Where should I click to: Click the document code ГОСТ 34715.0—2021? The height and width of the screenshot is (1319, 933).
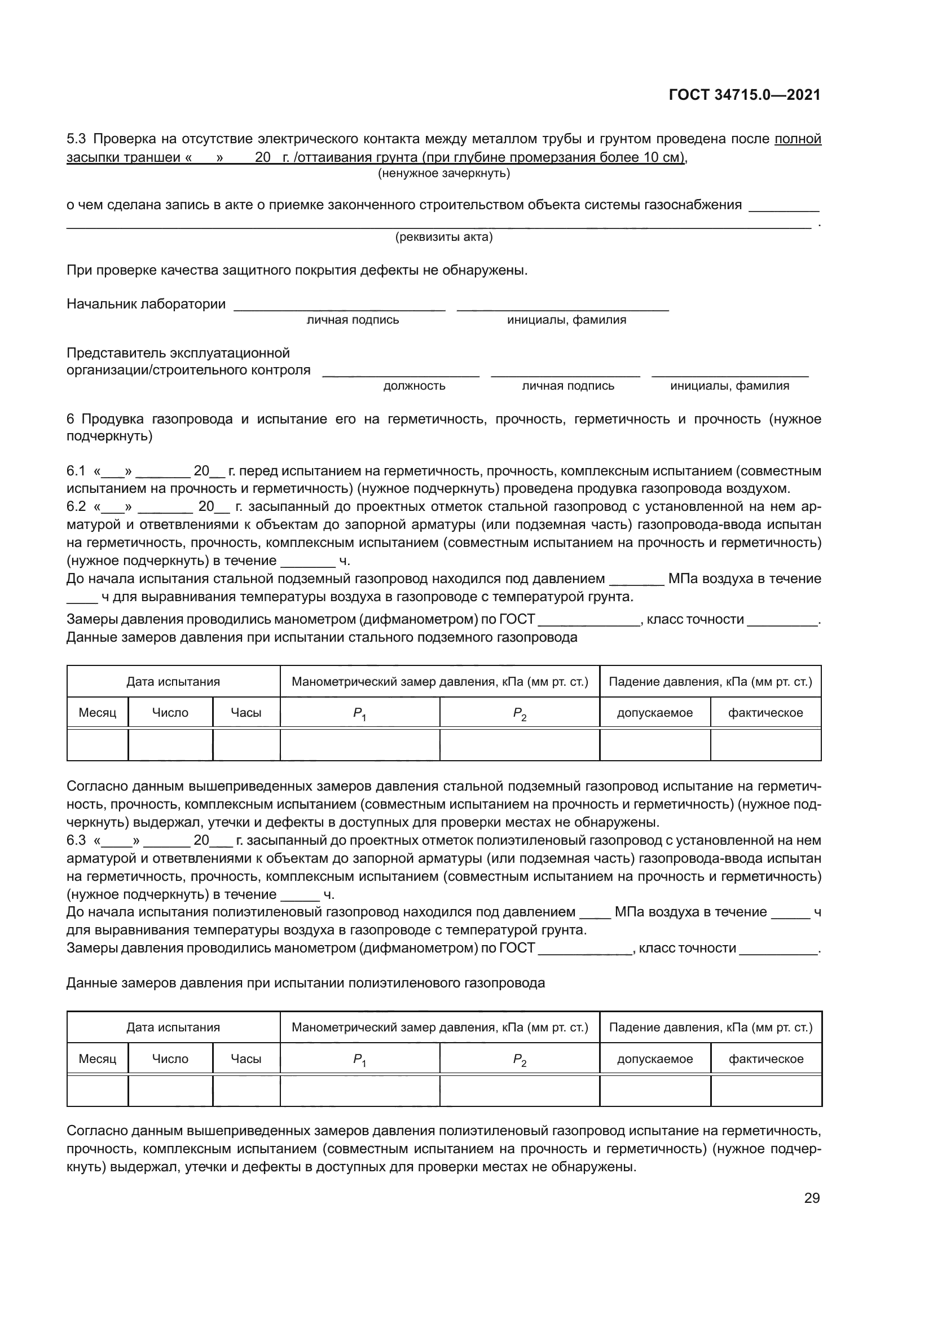745,95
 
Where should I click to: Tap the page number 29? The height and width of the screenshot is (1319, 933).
812,1198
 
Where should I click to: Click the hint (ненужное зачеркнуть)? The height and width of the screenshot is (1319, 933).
443,173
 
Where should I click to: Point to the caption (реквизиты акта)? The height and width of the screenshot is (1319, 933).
443,237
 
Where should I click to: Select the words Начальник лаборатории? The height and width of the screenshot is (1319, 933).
146,304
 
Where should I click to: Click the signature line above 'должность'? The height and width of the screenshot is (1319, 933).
401,375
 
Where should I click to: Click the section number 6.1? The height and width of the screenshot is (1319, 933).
76,471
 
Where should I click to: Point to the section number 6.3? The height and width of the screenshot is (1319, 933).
76,840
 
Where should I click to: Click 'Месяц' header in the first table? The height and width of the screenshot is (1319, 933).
97,713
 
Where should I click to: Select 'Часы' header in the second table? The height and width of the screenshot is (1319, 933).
246,1059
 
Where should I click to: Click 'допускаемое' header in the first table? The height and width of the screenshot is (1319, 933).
654,713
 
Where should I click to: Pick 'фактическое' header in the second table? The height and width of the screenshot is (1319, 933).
766,1059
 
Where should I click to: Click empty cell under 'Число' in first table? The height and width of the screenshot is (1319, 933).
170,745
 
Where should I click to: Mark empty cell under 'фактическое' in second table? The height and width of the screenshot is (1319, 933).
766,1091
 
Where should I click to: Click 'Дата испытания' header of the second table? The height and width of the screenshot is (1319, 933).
173,1027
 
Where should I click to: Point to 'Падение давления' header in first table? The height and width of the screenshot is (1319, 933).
710,682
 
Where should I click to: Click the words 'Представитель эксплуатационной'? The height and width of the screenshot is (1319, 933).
178,352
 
